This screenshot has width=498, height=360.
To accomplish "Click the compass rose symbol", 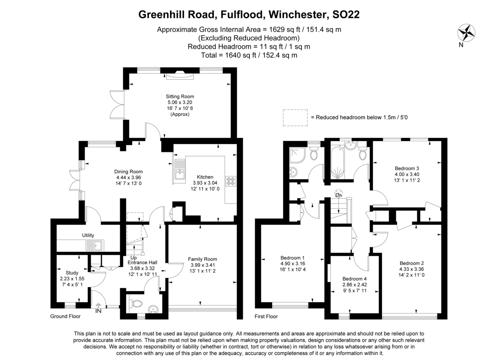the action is coord(466,33).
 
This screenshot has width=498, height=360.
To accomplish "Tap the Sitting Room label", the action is coord(180,97).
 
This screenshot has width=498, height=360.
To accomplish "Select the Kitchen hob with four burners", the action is coord(231,181).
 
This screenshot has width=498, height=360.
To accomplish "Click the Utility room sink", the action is coord(95,246).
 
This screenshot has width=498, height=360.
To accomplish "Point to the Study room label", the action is coord(72,273).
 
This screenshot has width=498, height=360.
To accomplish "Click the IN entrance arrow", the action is coord(98,305).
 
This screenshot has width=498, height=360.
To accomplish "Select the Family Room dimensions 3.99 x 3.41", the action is coord(203,265).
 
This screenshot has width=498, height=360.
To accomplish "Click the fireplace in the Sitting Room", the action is coord(180,75).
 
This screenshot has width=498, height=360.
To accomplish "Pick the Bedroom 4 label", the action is coord(354,279).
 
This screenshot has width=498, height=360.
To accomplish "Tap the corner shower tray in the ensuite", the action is coord(298,155).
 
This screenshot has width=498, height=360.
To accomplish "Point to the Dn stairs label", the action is coord(338,195).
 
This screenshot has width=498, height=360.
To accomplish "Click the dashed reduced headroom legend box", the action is coord(295,118).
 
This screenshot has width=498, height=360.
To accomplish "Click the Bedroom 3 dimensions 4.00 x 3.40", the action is coord(407,174).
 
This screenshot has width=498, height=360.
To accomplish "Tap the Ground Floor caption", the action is coord(66,316).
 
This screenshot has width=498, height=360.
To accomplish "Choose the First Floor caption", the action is coord(266,316).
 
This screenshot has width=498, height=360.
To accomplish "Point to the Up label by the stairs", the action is coord(133,258).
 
